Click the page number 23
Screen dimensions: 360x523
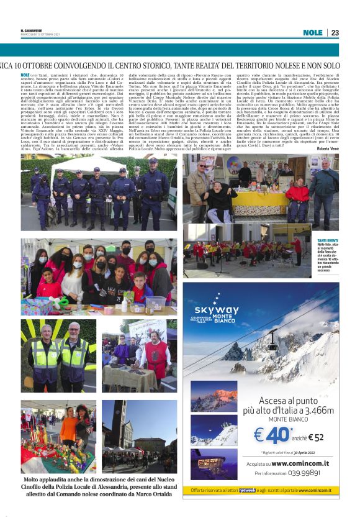click(x=335, y=32)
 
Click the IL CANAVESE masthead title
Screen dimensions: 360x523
click(x=30, y=30)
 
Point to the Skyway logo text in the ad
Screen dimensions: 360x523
click(x=216, y=309)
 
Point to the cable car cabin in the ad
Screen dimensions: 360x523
click(x=272, y=337)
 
